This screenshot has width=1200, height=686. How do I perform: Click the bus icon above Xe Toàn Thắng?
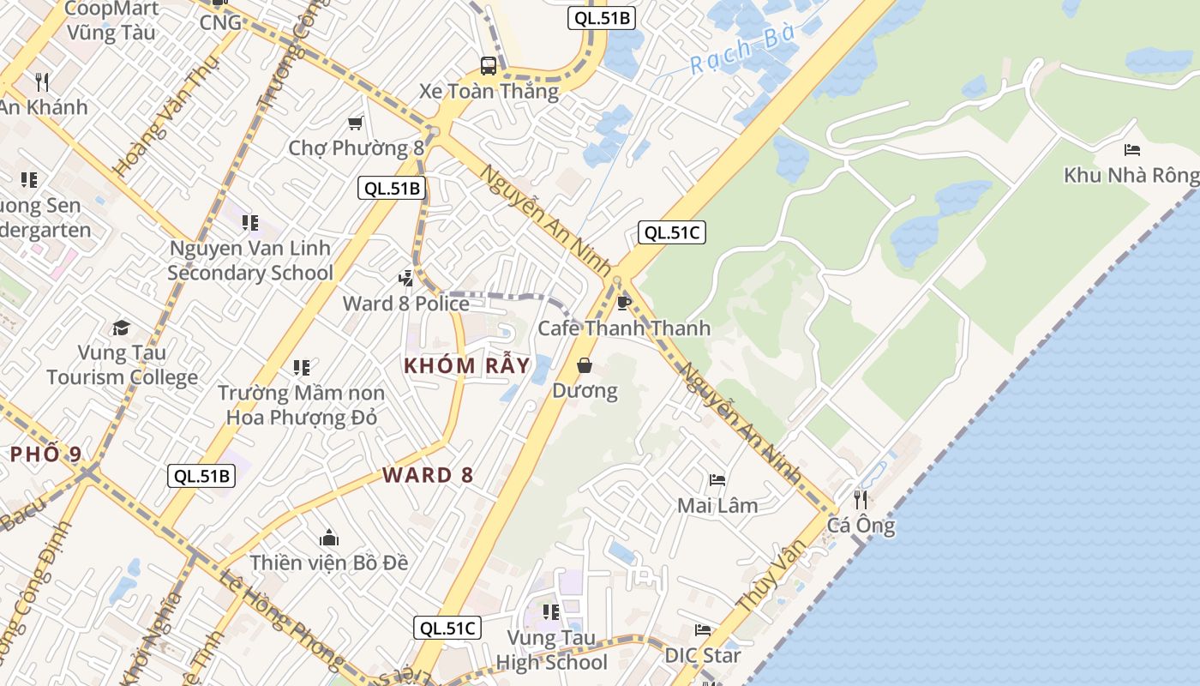pyautogui.click(x=488, y=65)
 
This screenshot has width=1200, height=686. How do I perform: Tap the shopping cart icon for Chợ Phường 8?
pyautogui.click(x=355, y=123)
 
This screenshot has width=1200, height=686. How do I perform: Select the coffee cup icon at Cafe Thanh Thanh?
pyautogui.click(x=624, y=302)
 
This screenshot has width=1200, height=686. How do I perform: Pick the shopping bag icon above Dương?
pyautogui.click(x=585, y=365)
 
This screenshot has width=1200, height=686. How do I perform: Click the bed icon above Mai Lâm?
pyautogui.click(x=717, y=480)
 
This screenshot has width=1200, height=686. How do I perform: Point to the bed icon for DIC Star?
pyautogui.click(x=703, y=630)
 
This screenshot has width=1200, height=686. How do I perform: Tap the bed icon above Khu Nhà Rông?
pyautogui.click(x=1131, y=150)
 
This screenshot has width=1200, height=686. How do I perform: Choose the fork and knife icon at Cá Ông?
pyautogui.click(x=861, y=499)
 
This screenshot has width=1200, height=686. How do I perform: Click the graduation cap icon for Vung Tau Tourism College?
pyautogui.click(x=121, y=328)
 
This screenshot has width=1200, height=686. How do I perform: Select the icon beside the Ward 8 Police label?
pyautogui.click(x=405, y=278)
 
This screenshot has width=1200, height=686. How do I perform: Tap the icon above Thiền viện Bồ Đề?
pyautogui.click(x=329, y=539)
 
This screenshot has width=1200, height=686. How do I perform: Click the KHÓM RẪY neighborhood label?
pyautogui.click(x=467, y=365)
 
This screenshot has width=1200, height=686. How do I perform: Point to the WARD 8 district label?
pyautogui.click(x=428, y=475)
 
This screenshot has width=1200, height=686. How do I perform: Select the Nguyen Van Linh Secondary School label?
pyautogui.click(x=250, y=261)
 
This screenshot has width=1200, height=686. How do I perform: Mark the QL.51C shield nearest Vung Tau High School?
pyautogui.click(x=447, y=628)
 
